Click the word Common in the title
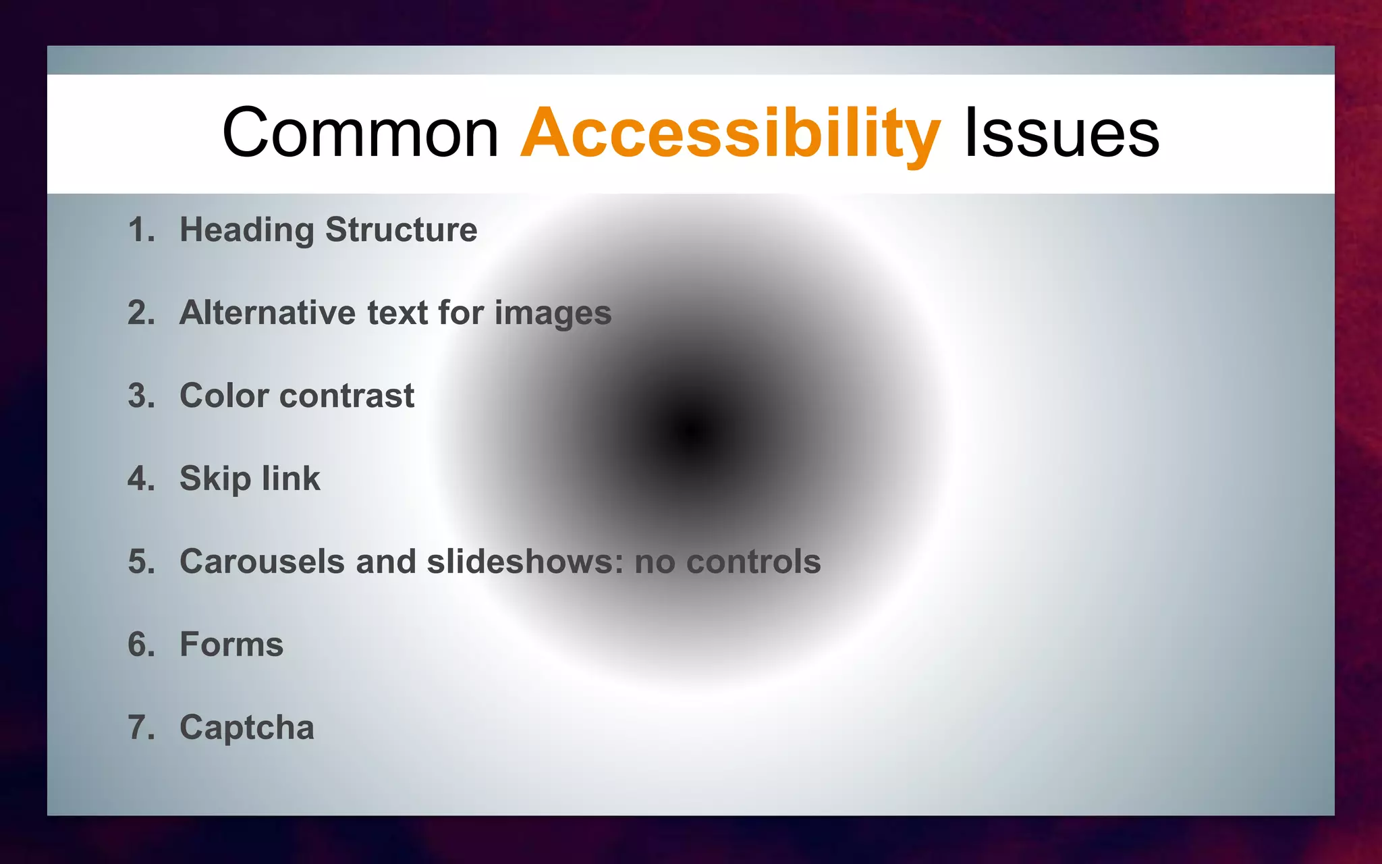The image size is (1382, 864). (360, 134)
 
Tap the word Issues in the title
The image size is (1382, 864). (1061, 134)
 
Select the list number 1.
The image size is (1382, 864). (140, 230)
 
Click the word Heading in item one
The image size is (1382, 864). (247, 230)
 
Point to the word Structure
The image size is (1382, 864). (402, 230)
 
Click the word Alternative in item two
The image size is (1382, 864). (267, 313)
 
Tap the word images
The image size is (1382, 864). (553, 314)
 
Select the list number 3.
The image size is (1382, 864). (140, 396)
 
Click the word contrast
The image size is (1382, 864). (347, 396)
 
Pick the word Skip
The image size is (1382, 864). (215, 479)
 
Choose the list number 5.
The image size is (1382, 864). (140, 562)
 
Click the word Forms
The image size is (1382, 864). (231, 645)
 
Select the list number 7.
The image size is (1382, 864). (140, 728)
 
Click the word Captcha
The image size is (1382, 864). (247, 728)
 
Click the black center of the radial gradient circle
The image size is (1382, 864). (691, 432)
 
